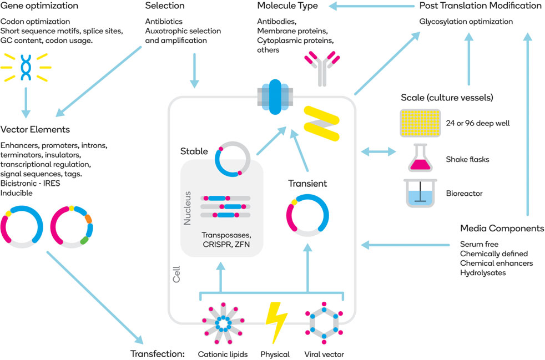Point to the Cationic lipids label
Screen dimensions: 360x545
(x=222, y=354)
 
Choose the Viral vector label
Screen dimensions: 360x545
(x=325, y=354)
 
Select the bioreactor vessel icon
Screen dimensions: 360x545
(x=420, y=193)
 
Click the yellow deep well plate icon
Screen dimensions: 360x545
(x=420, y=123)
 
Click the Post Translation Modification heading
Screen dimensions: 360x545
(x=481, y=6)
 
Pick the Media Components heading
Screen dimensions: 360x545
(x=502, y=229)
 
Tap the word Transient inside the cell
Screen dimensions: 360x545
(x=307, y=183)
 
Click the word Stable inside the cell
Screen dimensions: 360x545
(x=194, y=151)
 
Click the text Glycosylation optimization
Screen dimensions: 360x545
(x=466, y=22)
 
